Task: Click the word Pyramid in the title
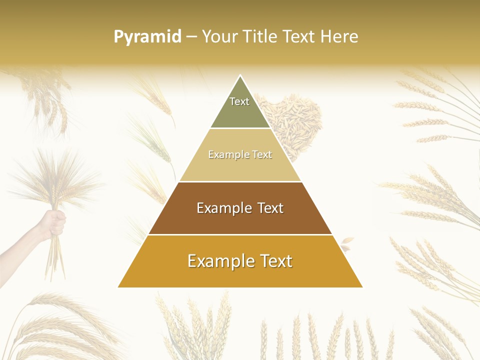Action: click(147, 37)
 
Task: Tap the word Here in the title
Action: click(339, 37)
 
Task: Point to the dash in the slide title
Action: click(191, 37)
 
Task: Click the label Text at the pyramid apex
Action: click(239, 101)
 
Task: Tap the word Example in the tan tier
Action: click(224, 155)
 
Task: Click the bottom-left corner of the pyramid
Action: click(118, 287)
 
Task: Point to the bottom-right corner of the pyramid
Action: click(362, 287)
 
